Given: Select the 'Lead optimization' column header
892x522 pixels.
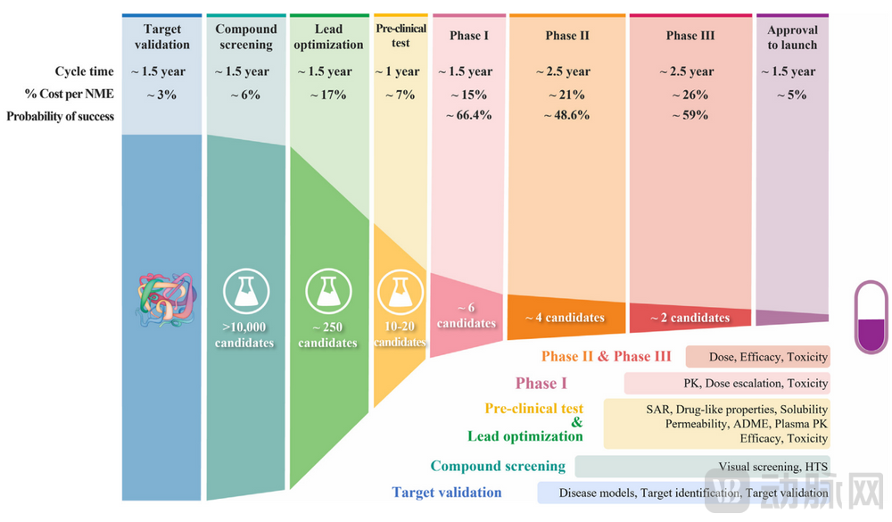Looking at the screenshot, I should (328, 37).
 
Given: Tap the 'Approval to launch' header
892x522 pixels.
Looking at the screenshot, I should (792, 37).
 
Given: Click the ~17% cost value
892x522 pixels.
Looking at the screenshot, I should (328, 95).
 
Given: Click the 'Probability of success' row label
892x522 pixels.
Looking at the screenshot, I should (61, 116).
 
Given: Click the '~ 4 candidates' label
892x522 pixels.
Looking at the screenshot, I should (565, 318).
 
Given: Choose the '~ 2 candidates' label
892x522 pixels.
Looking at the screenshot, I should (690, 318).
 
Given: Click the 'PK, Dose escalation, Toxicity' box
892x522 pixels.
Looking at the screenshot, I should (726, 384).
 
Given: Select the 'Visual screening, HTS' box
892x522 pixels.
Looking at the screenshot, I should (702, 467).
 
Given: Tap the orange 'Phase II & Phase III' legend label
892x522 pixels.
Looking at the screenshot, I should (606, 356).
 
